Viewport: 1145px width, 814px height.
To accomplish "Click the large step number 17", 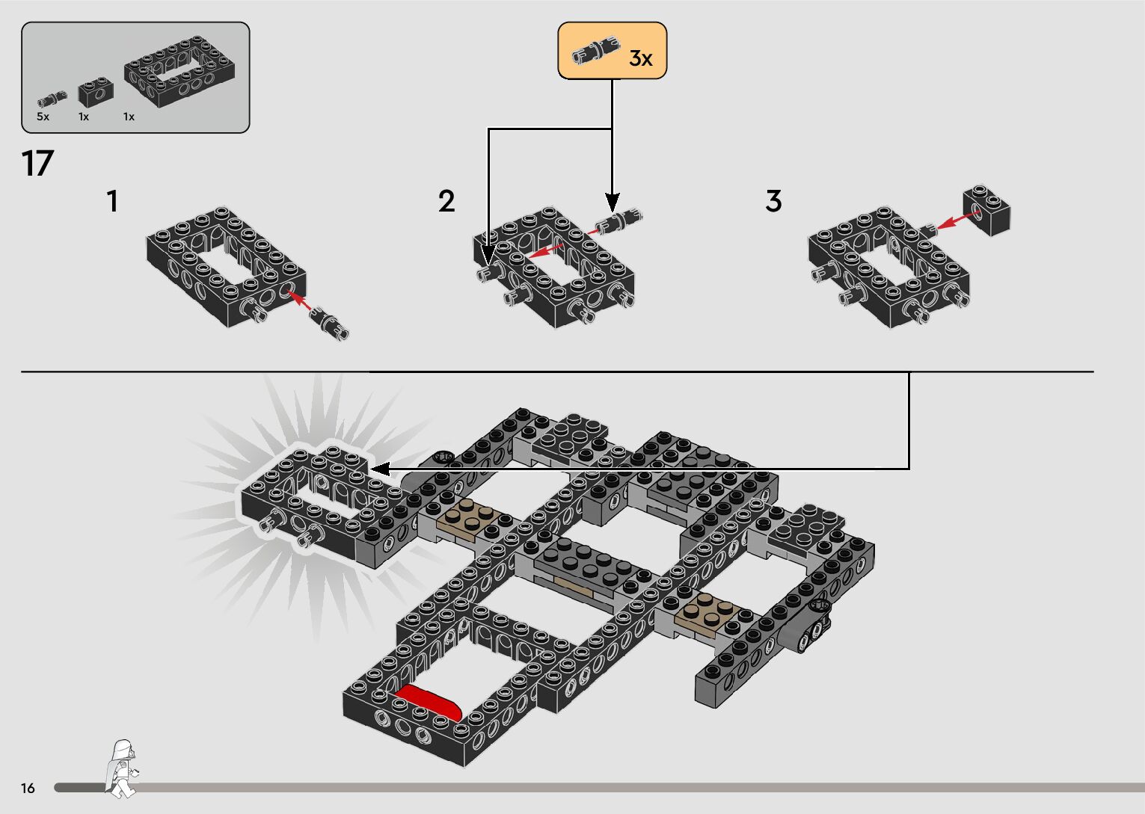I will tap(37, 164).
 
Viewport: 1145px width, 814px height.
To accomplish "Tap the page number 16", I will tap(28, 788).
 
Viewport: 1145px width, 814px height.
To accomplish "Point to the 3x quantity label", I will tap(641, 58).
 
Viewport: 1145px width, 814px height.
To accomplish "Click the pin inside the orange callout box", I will tap(595, 50).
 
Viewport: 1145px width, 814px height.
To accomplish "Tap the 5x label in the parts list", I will tap(43, 117).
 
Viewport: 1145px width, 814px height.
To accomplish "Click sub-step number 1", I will tap(112, 201).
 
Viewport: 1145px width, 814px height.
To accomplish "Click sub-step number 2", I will tap(446, 201).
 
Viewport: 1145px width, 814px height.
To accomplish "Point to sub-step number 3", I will tap(773, 201).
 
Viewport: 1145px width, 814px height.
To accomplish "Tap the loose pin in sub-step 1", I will tap(330, 322).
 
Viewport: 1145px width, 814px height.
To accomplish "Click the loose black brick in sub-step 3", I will tap(988, 210).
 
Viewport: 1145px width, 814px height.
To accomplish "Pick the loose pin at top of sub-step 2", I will tap(618, 220).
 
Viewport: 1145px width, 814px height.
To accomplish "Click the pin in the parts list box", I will tap(52, 97).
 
